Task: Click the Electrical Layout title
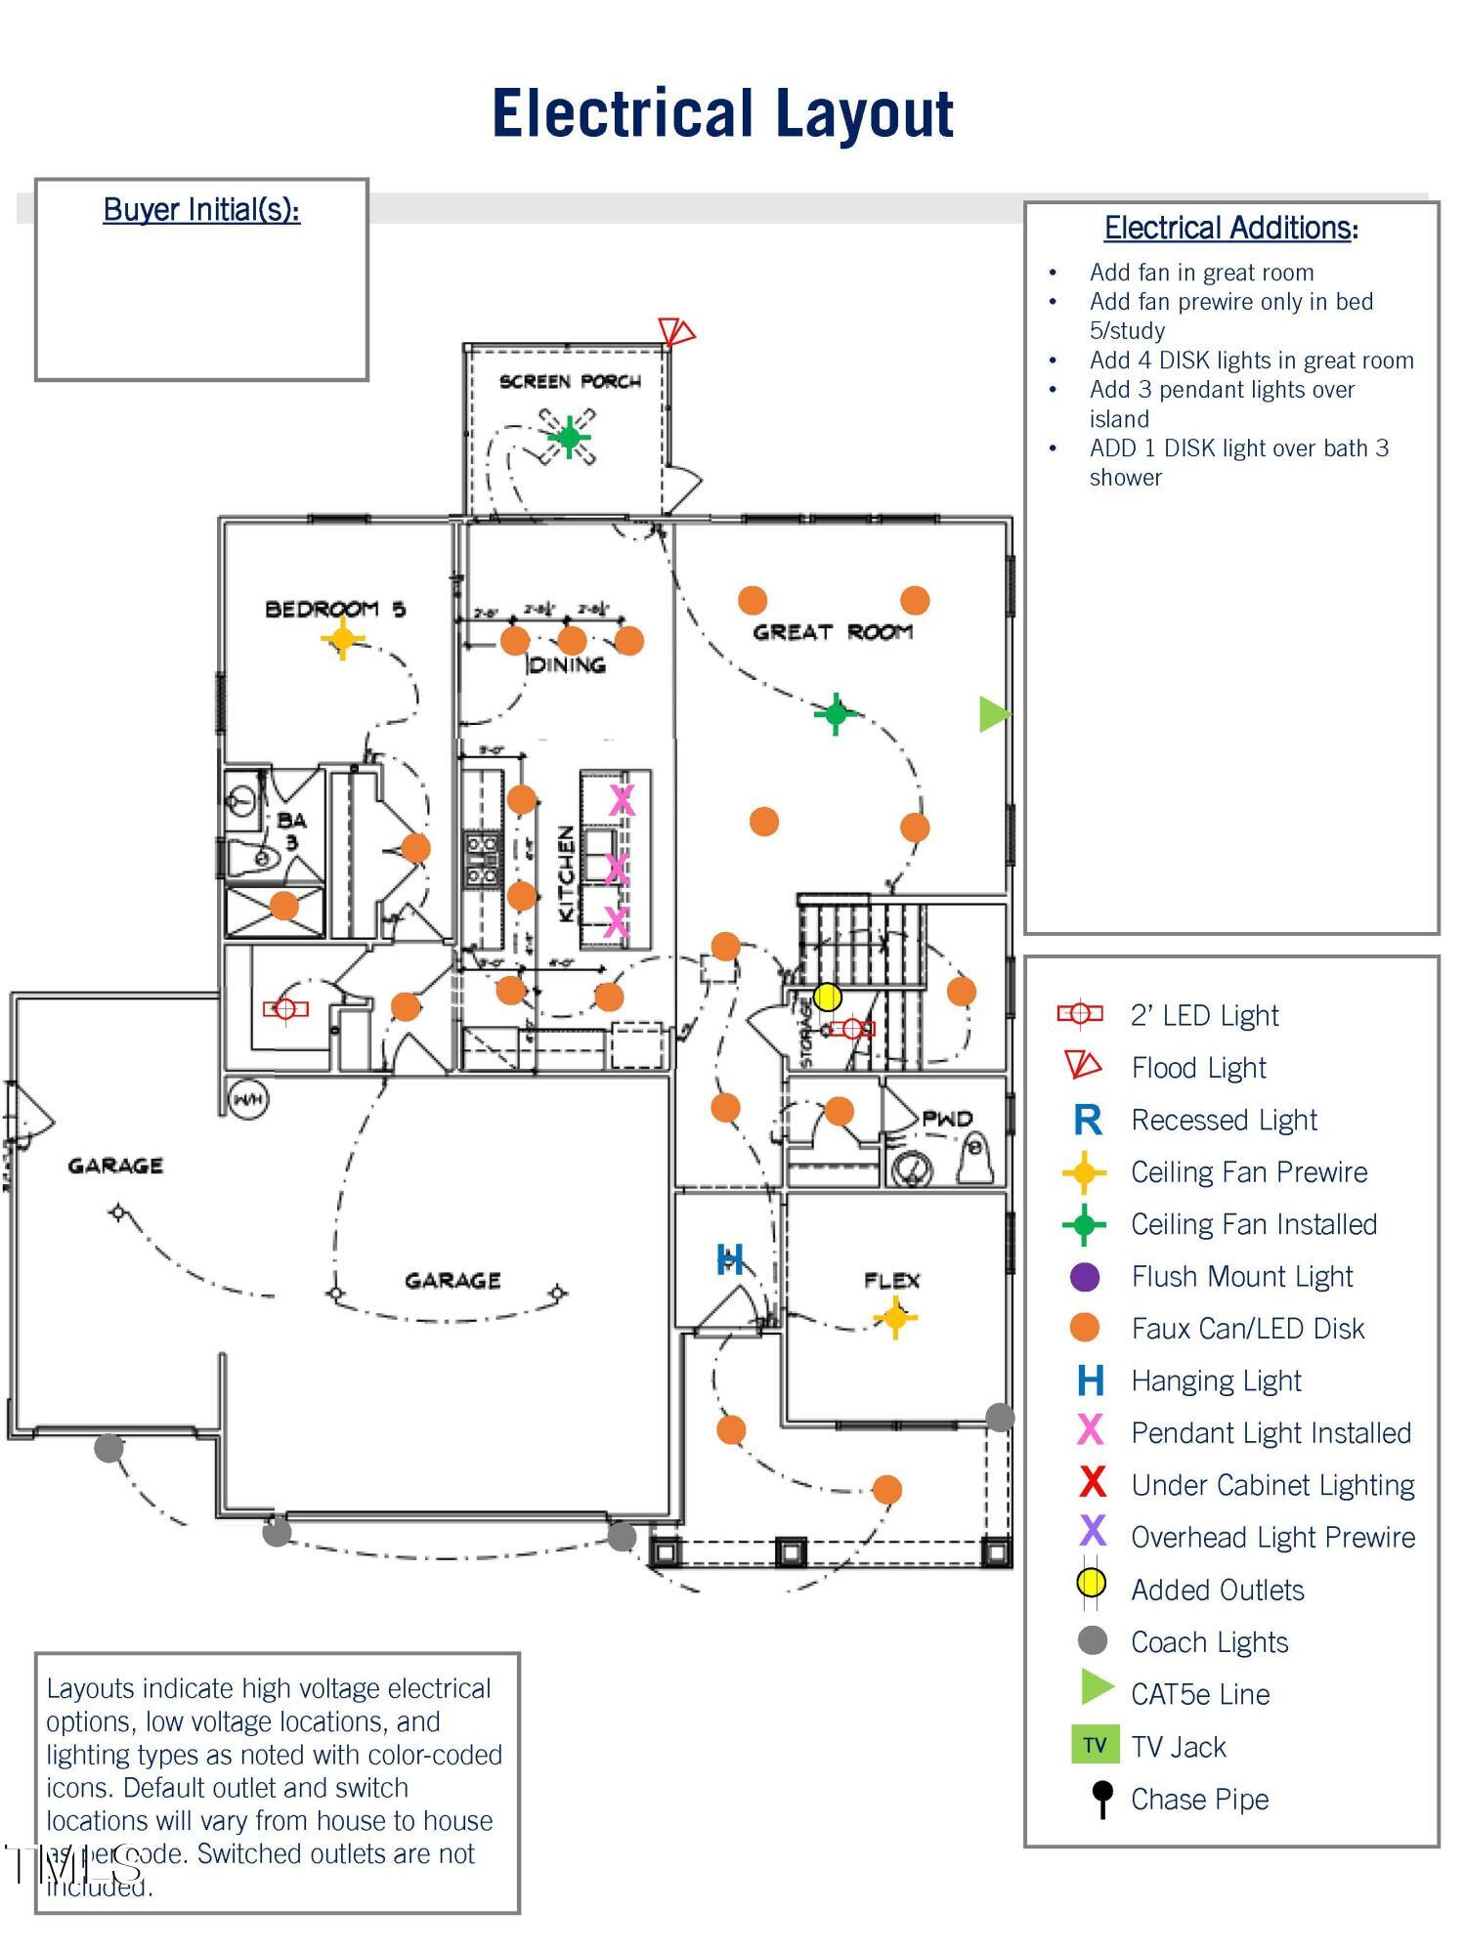(x=722, y=113)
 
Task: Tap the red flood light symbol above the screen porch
(x=674, y=331)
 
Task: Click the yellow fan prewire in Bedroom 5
(x=342, y=640)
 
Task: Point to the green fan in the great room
(x=836, y=713)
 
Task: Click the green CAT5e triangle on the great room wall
(x=993, y=714)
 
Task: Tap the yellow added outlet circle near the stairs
(x=827, y=997)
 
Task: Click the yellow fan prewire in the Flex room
(x=894, y=1318)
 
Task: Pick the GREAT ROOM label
(x=832, y=632)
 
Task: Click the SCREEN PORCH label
(x=570, y=381)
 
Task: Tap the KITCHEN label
(x=566, y=873)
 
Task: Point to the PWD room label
(x=946, y=1119)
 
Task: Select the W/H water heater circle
(x=248, y=1100)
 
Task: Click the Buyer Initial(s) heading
(x=201, y=210)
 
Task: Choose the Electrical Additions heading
(x=1230, y=228)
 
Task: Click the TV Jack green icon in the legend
(x=1095, y=1745)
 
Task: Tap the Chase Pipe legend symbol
(x=1102, y=1798)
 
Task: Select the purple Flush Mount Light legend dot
(x=1085, y=1276)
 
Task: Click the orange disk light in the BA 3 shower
(x=283, y=906)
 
